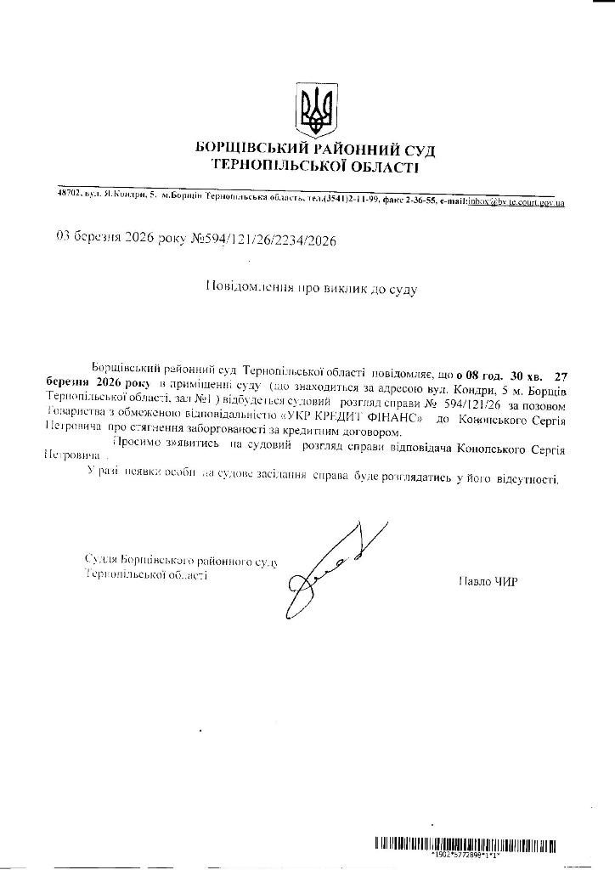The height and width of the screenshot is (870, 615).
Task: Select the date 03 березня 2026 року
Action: (x=114, y=240)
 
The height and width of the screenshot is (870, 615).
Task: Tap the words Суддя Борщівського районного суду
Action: (x=183, y=560)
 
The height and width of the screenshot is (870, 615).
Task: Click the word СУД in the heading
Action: (x=418, y=150)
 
